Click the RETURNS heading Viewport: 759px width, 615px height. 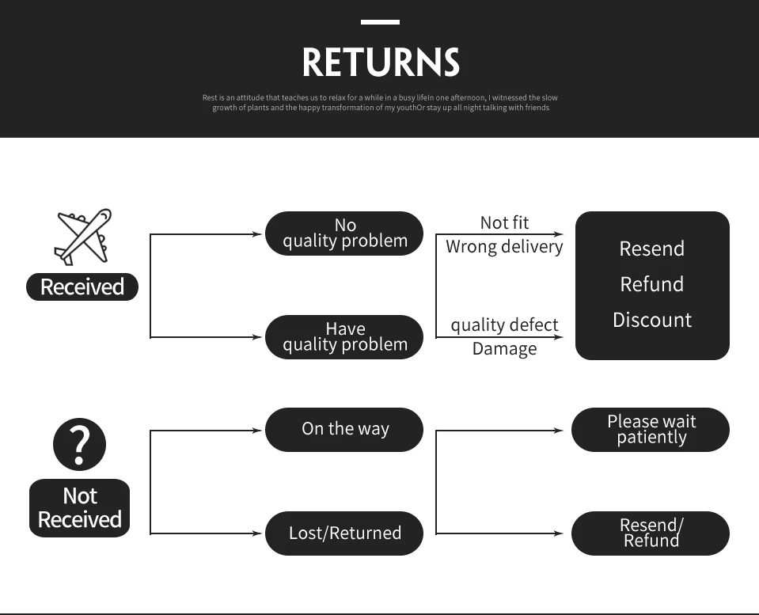pyautogui.click(x=380, y=63)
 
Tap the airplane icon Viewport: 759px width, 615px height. pyautogui.click(x=83, y=236)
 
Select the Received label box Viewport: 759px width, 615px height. pyautogui.click(x=82, y=287)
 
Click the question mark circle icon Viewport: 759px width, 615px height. pyautogui.click(x=79, y=444)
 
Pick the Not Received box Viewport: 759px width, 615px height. pyautogui.click(x=79, y=508)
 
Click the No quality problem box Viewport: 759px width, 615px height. pyautogui.click(x=344, y=233)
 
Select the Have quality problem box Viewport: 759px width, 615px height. pyautogui.click(x=344, y=337)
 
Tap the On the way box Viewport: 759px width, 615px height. pyautogui.click(x=344, y=430)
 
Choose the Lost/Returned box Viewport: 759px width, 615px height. pyautogui.click(x=344, y=533)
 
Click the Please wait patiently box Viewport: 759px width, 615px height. pyautogui.click(x=651, y=430)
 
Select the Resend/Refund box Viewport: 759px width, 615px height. pyautogui.click(x=651, y=533)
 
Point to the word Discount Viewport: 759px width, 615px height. pyautogui.click(x=652, y=321)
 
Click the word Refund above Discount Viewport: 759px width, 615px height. pyautogui.click(x=652, y=284)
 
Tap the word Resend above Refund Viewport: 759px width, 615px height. pyautogui.click(x=652, y=249)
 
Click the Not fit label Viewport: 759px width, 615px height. pyautogui.click(x=504, y=223)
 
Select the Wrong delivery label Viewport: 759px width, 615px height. pyautogui.click(x=504, y=247)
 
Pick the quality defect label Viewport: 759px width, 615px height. pyautogui.click(x=504, y=325)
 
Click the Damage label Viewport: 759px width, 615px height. pyautogui.click(x=504, y=349)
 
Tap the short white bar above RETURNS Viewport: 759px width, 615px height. pyautogui.click(x=380, y=22)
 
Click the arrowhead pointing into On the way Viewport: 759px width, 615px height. pyautogui.click(x=256, y=431)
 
